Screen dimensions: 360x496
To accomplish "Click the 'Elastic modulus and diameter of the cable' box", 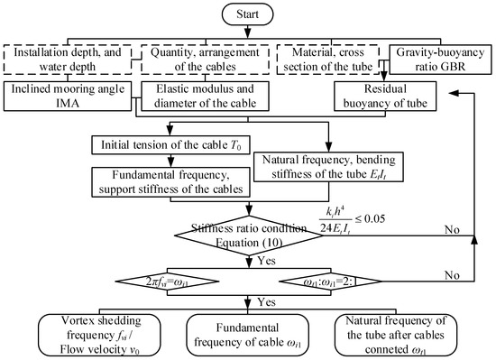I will point(200,97).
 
